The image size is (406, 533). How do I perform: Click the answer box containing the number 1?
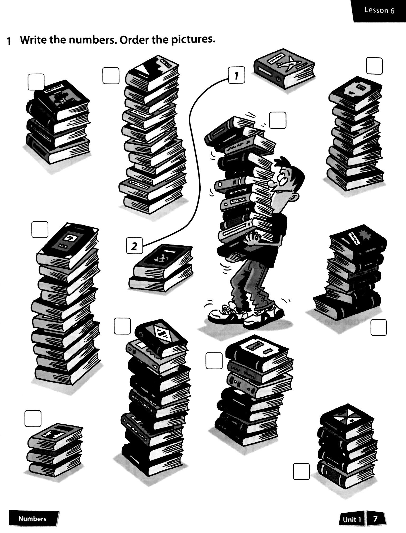click(237, 76)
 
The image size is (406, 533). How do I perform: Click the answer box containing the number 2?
click(135, 246)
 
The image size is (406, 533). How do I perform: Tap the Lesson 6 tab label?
click(379, 10)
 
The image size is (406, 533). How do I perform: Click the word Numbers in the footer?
click(33, 518)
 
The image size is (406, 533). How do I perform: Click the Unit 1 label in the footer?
click(352, 519)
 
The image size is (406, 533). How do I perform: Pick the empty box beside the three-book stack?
click(33, 418)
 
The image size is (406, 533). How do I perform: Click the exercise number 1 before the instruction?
click(9, 41)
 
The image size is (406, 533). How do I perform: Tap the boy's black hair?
click(288, 169)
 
